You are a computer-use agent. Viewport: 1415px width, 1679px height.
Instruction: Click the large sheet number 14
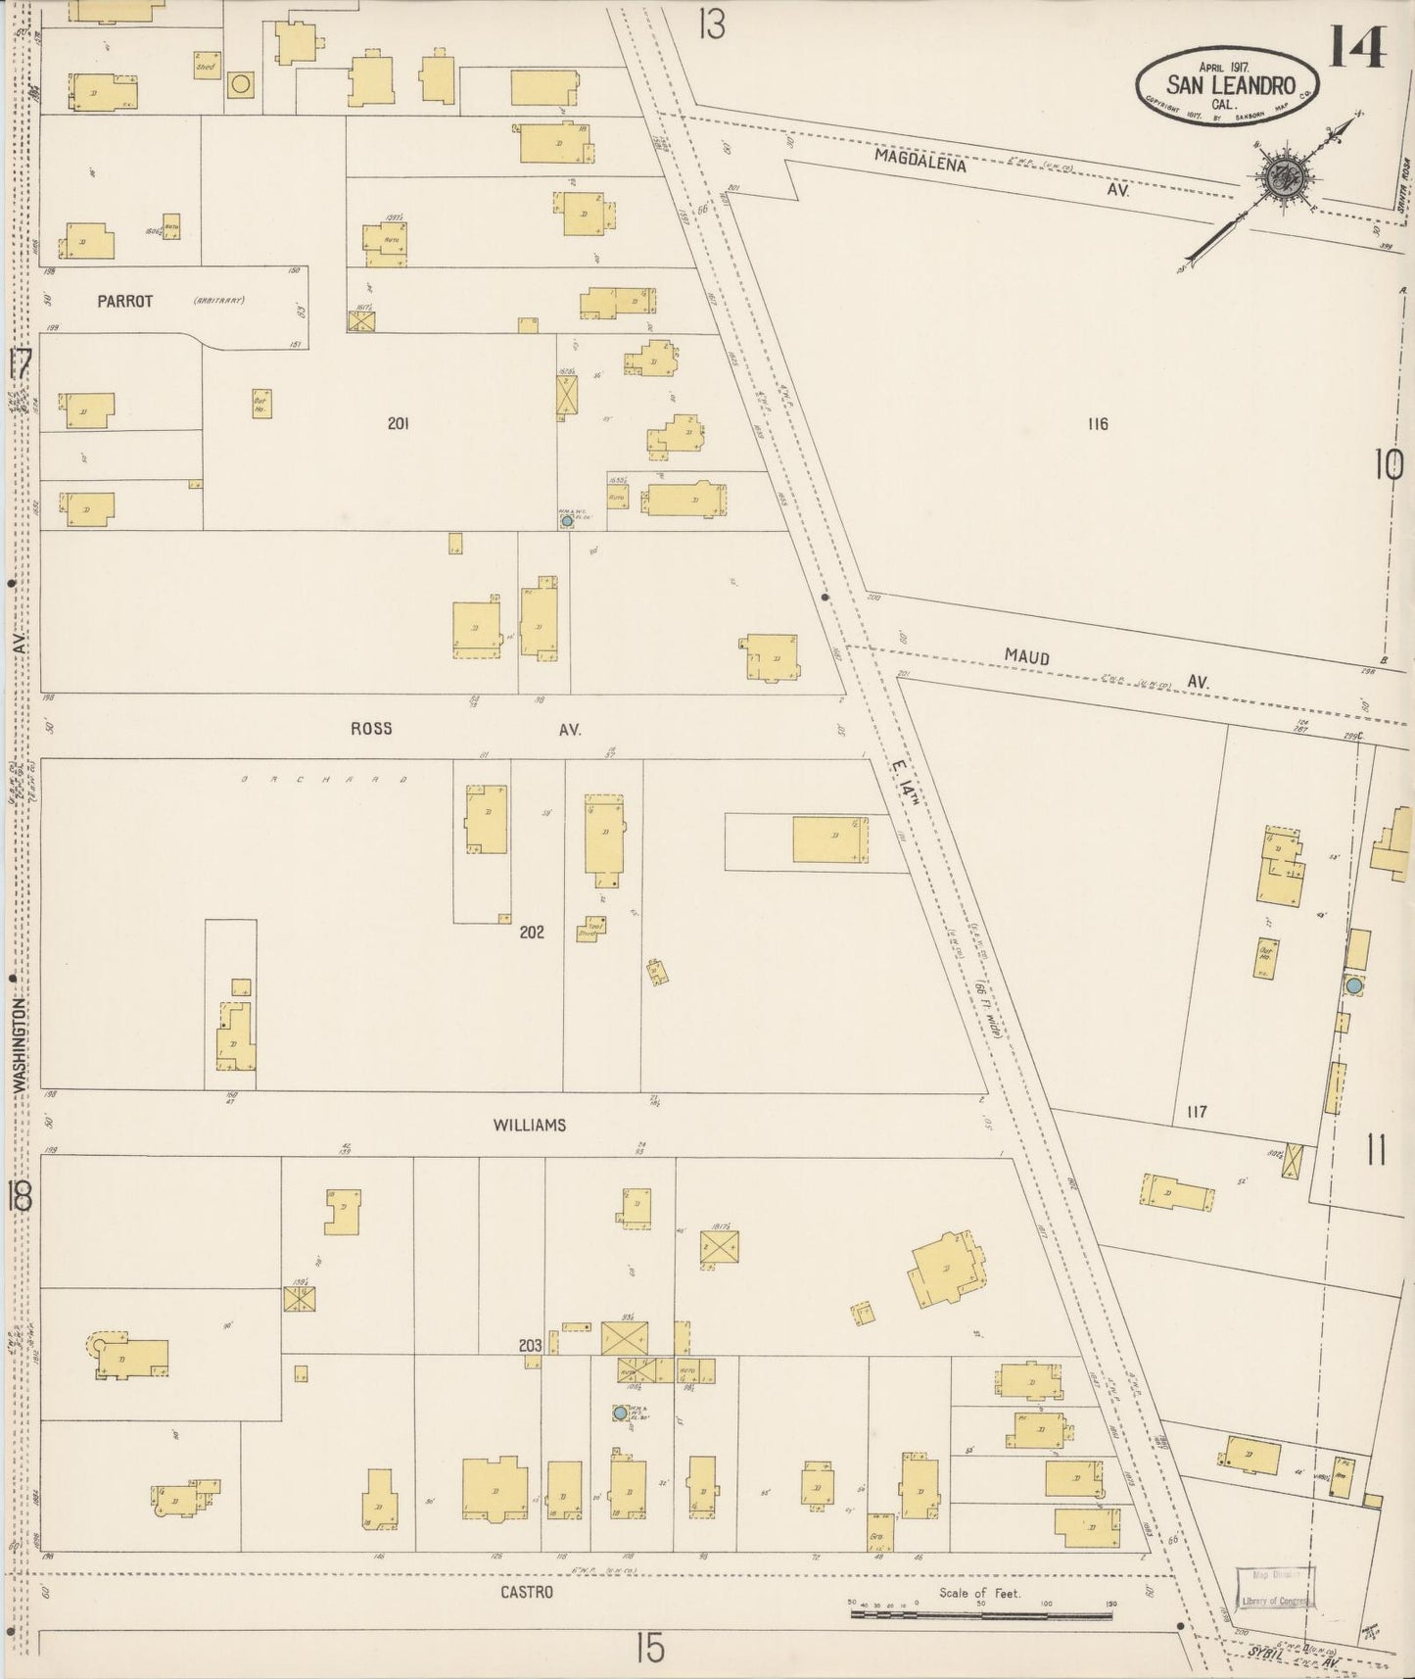point(1356,46)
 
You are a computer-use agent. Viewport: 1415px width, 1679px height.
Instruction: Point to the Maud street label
point(1026,656)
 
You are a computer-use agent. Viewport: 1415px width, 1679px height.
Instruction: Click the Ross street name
point(371,728)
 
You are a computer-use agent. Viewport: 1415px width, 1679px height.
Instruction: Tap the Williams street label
point(529,1126)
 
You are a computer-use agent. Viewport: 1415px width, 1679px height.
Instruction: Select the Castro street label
point(527,1593)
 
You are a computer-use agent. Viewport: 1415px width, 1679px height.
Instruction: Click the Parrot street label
point(124,302)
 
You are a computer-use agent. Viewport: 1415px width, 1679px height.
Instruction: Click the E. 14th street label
point(906,784)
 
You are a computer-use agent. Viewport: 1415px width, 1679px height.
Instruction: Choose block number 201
point(398,423)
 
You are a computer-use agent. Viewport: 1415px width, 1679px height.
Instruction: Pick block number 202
point(532,932)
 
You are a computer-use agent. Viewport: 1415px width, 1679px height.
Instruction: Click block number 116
point(1097,423)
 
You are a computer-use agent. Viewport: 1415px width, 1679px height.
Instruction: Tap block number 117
point(1196,1112)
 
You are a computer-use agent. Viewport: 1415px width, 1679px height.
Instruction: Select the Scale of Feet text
point(979,1593)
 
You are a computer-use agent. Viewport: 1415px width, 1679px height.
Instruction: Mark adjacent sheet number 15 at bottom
point(649,1649)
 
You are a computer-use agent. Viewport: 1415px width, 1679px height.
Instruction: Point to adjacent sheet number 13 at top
point(712,24)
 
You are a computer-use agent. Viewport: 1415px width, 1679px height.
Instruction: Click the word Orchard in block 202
point(323,781)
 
